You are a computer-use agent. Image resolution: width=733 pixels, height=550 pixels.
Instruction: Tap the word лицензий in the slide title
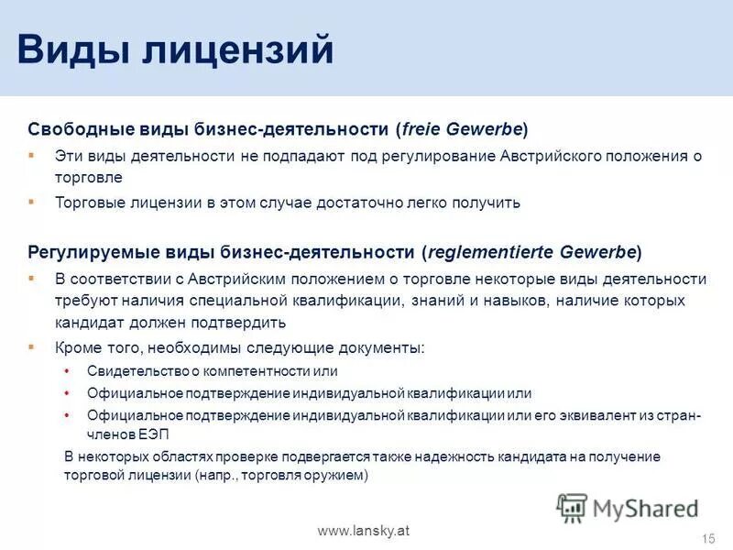point(237,49)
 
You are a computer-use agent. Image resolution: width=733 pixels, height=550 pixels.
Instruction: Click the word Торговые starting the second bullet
point(87,203)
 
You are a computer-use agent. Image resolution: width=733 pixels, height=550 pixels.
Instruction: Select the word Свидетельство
point(137,371)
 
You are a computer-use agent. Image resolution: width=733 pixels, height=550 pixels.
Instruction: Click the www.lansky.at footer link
point(364,532)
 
